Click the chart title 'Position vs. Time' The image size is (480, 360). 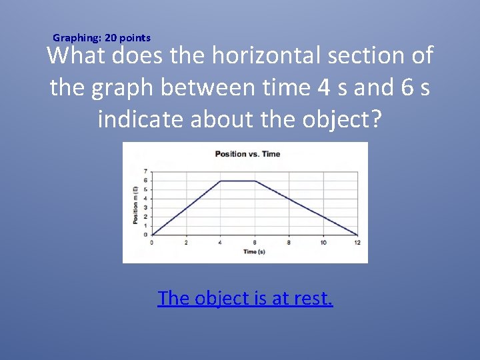pos(247,154)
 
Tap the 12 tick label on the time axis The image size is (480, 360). pos(357,242)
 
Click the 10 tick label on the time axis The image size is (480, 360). pos(323,242)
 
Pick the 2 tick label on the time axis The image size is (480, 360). pos(186,242)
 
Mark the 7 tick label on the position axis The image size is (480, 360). pos(145,171)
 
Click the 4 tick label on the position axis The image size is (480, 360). pos(145,199)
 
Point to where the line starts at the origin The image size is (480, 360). pos(152,235)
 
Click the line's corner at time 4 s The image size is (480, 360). pos(221,181)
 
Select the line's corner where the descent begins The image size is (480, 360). pos(255,181)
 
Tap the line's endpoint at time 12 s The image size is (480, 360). pos(357,235)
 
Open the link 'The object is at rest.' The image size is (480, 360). pos(245,297)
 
